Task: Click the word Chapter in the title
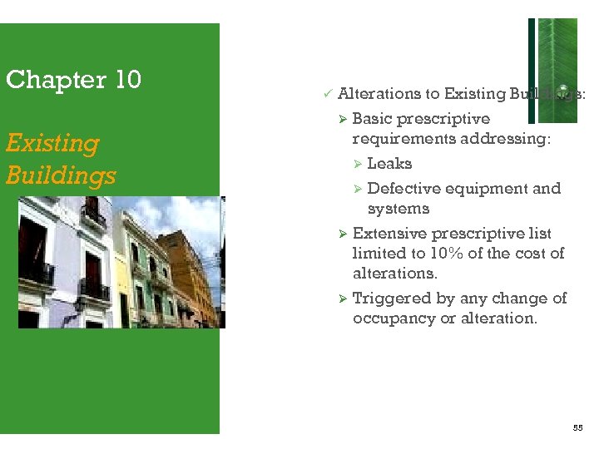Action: click(47, 80)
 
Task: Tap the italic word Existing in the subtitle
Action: click(52, 143)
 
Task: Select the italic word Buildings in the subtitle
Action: click(61, 175)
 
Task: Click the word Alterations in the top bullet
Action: click(388, 94)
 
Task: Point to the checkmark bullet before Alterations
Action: click(327, 94)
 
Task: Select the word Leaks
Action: click(389, 164)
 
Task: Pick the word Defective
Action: click(405, 189)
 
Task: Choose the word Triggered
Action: click(391, 299)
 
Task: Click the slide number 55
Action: click(578, 427)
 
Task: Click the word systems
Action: click(399, 209)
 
